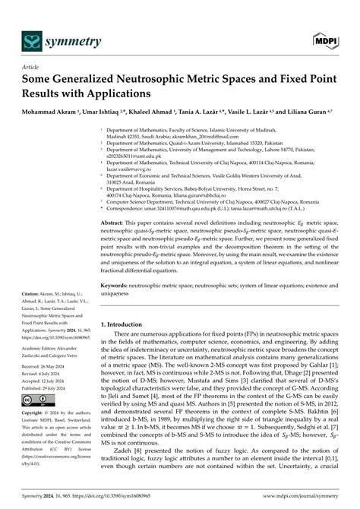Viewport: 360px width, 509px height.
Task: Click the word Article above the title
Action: [x=31, y=67]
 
